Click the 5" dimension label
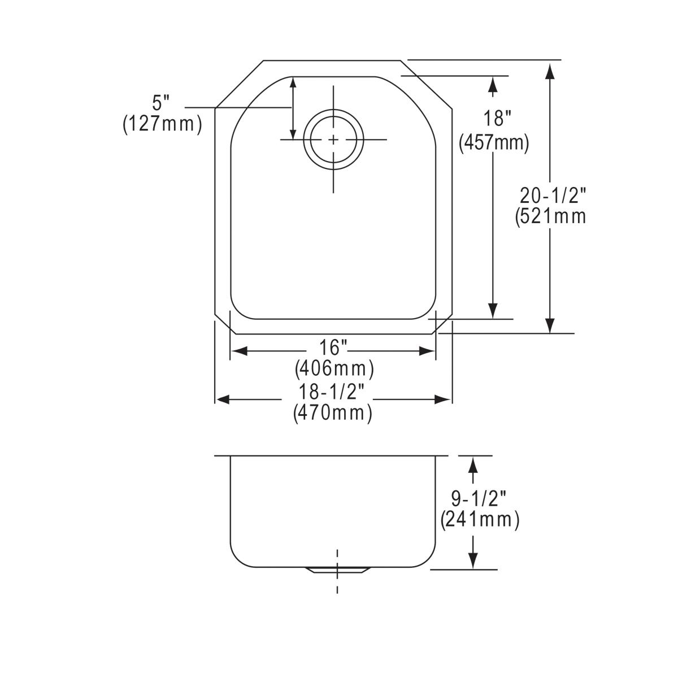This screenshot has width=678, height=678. pyautogui.click(x=161, y=103)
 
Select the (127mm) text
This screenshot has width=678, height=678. pyautogui.click(x=162, y=124)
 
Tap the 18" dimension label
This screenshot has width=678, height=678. pyautogui.click(x=497, y=119)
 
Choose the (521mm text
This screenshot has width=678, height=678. pyautogui.click(x=551, y=216)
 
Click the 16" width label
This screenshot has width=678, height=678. pyautogui.click(x=333, y=346)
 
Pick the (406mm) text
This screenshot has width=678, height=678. pyautogui.click(x=334, y=370)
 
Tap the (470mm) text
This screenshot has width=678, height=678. pyautogui.click(x=333, y=414)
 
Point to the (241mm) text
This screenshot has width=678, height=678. pyautogui.click(x=480, y=519)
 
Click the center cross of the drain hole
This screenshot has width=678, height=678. pyautogui.click(x=333, y=139)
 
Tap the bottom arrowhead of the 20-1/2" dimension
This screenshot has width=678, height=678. pyautogui.click(x=550, y=325)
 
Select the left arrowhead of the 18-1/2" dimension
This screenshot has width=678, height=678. pyautogui.click(x=223, y=399)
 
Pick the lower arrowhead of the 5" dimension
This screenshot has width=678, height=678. pyautogui.click(x=293, y=133)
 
